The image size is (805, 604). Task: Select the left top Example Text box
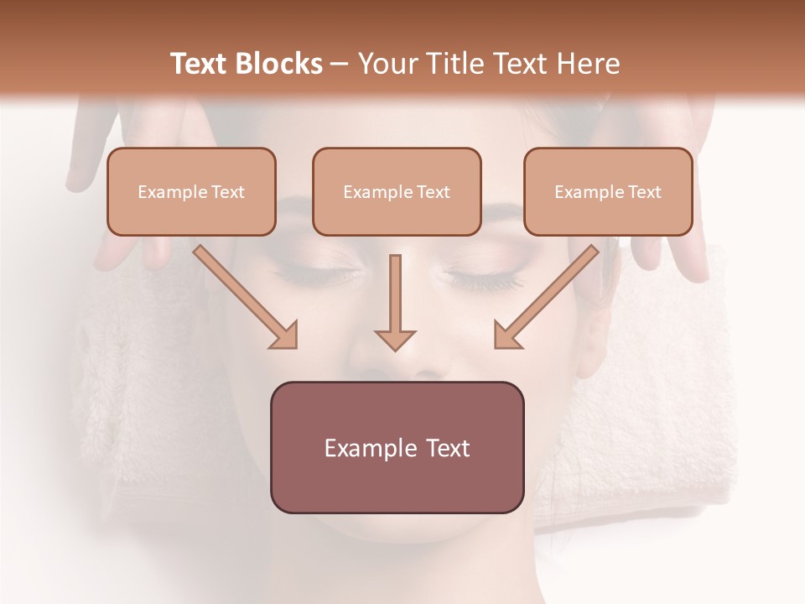pyautogui.click(x=191, y=191)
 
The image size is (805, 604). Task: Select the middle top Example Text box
pyautogui.click(x=397, y=191)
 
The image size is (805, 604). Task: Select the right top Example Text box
pyautogui.click(x=608, y=191)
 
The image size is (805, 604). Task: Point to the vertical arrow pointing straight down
pyautogui.click(x=395, y=302)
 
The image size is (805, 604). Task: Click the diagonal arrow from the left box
pyautogui.click(x=245, y=296)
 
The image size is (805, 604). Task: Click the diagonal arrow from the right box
pyautogui.click(x=547, y=296)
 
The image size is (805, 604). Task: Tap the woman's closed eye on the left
pyautogui.click(x=323, y=273)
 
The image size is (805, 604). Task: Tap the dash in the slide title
pyautogui.click(x=340, y=65)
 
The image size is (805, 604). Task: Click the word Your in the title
pyautogui.click(x=385, y=64)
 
